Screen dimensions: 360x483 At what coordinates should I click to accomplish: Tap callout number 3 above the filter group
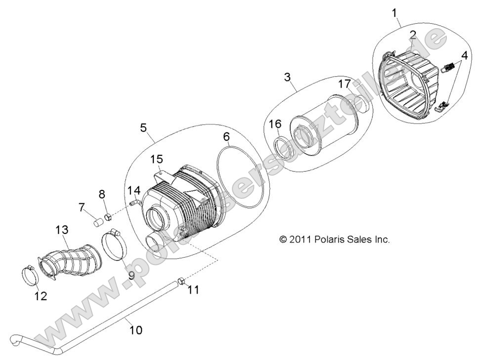click(287, 77)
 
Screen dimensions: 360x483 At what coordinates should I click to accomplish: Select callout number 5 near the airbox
click(143, 128)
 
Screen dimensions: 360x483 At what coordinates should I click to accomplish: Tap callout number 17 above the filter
click(344, 84)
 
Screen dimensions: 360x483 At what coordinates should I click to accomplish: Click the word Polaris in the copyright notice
click(329, 239)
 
